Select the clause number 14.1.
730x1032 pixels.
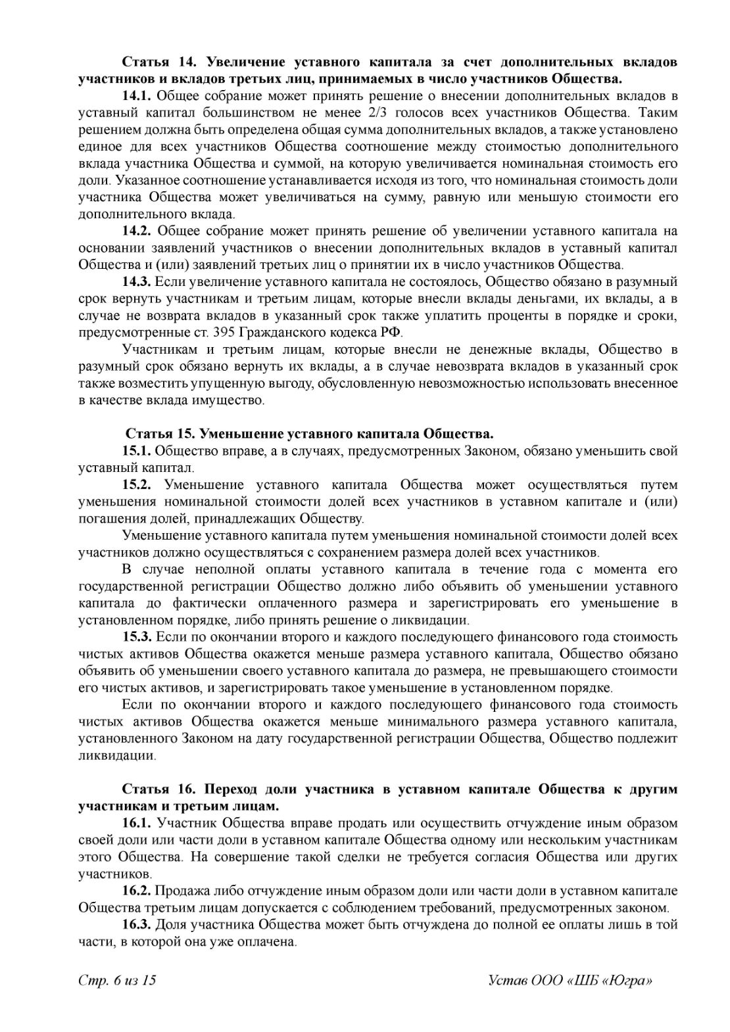coord(137,96)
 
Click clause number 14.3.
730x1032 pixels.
coord(137,281)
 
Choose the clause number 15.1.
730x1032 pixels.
coord(137,451)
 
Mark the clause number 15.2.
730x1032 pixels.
coord(137,485)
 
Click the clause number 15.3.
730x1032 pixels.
coord(137,637)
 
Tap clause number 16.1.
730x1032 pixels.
coord(137,823)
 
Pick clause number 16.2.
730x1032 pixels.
coord(137,891)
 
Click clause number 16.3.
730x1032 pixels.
coord(137,924)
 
